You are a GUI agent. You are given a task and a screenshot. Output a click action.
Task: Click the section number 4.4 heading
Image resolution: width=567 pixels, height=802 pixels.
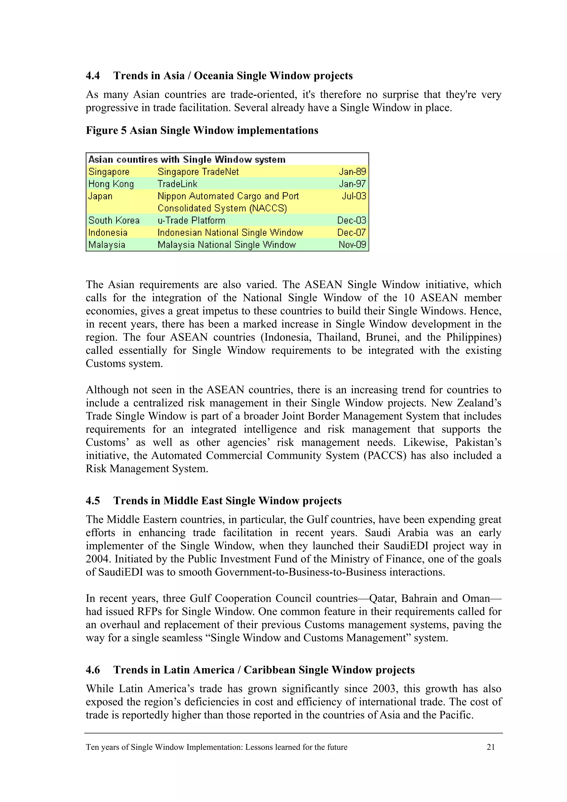[93, 76]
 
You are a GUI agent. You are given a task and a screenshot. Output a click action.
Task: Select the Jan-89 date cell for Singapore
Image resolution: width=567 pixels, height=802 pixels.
[352, 172]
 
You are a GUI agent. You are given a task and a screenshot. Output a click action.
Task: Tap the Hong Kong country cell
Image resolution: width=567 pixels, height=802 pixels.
[111, 184]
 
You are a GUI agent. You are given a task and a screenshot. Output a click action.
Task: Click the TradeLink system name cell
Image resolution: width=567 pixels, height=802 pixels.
[177, 184]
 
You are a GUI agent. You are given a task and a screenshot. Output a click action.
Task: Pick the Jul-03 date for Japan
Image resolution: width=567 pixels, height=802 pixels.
[354, 196]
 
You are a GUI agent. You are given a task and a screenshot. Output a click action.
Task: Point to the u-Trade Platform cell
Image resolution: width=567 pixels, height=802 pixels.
[191, 220]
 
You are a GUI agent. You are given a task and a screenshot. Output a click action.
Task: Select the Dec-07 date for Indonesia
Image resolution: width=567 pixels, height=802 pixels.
[351, 233]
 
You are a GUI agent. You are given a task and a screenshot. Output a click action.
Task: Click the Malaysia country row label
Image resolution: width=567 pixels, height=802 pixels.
[107, 244]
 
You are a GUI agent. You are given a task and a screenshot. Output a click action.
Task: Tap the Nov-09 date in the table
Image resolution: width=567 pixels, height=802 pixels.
[352, 244]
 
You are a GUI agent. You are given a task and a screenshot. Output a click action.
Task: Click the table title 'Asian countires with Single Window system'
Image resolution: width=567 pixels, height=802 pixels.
[187, 160]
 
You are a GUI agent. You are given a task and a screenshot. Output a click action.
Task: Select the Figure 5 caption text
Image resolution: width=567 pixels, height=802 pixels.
[202, 131]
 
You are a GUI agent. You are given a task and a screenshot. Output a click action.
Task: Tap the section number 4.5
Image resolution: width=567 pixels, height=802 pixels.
[93, 501]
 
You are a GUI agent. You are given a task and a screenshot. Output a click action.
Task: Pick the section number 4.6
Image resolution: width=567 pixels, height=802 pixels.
[93, 670]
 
